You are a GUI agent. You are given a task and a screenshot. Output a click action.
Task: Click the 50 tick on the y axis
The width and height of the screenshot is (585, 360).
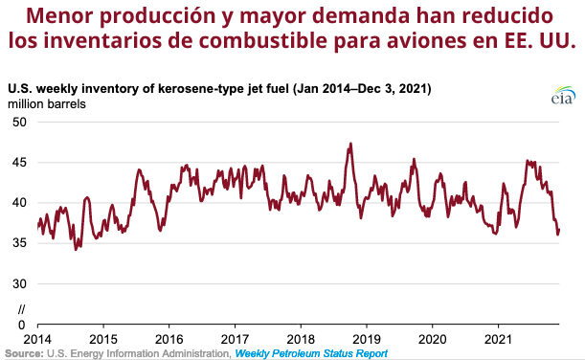[18, 123]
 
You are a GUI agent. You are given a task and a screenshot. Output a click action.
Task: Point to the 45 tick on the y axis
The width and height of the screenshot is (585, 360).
[18, 163]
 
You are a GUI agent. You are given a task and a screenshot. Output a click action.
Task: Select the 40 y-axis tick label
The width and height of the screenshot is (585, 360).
[18, 203]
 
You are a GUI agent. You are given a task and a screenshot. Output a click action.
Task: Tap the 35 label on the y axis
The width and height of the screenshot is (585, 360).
[18, 243]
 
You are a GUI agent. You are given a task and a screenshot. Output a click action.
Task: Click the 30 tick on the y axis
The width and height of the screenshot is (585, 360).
[18, 283]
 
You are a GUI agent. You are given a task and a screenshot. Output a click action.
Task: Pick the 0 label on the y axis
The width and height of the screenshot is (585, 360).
[22, 324]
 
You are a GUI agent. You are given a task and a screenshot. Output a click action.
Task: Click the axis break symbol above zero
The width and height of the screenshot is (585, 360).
[22, 308]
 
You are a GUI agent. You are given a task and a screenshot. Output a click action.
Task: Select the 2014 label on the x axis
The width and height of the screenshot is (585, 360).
[37, 340]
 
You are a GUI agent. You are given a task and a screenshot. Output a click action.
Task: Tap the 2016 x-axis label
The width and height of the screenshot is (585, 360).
[169, 340]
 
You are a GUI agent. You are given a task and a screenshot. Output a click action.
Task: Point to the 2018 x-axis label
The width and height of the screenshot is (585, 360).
[301, 340]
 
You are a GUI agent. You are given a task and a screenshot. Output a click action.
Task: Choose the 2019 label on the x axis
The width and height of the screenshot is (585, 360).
[367, 340]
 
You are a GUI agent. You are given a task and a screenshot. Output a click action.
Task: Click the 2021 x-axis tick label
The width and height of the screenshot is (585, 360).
[498, 340]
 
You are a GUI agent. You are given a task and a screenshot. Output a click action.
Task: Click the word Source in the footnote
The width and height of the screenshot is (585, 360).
[23, 353]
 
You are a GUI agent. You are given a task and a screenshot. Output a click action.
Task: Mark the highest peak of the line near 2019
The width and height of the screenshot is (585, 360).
[351, 144]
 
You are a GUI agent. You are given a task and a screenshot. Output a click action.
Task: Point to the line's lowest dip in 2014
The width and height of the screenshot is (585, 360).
[77, 249]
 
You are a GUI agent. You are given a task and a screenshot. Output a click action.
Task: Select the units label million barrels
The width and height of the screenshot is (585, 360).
[48, 103]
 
